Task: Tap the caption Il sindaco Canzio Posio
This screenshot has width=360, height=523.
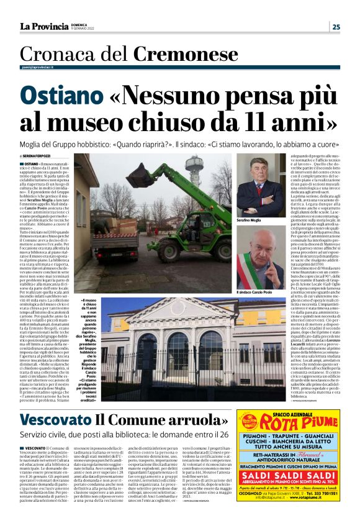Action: coord(257,293)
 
